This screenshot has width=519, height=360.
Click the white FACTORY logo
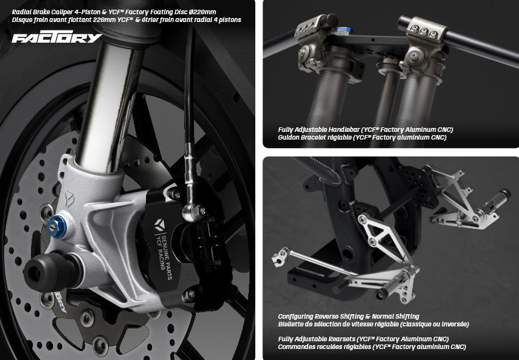(x=57, y=37)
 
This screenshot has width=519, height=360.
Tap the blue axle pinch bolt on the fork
(x=56, y=227)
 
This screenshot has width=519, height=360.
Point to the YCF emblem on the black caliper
(x=160, y=225)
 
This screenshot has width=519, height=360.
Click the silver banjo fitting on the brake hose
(x=193, y=212)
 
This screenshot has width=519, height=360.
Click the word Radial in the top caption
(x=21, y=12)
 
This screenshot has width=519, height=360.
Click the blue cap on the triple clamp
(x=344, y=30)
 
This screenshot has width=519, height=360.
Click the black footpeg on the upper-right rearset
(x=496, y=200)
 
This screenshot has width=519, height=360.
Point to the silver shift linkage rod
(x=318, y=262)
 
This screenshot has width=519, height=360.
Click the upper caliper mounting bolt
(x=173, y=194)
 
